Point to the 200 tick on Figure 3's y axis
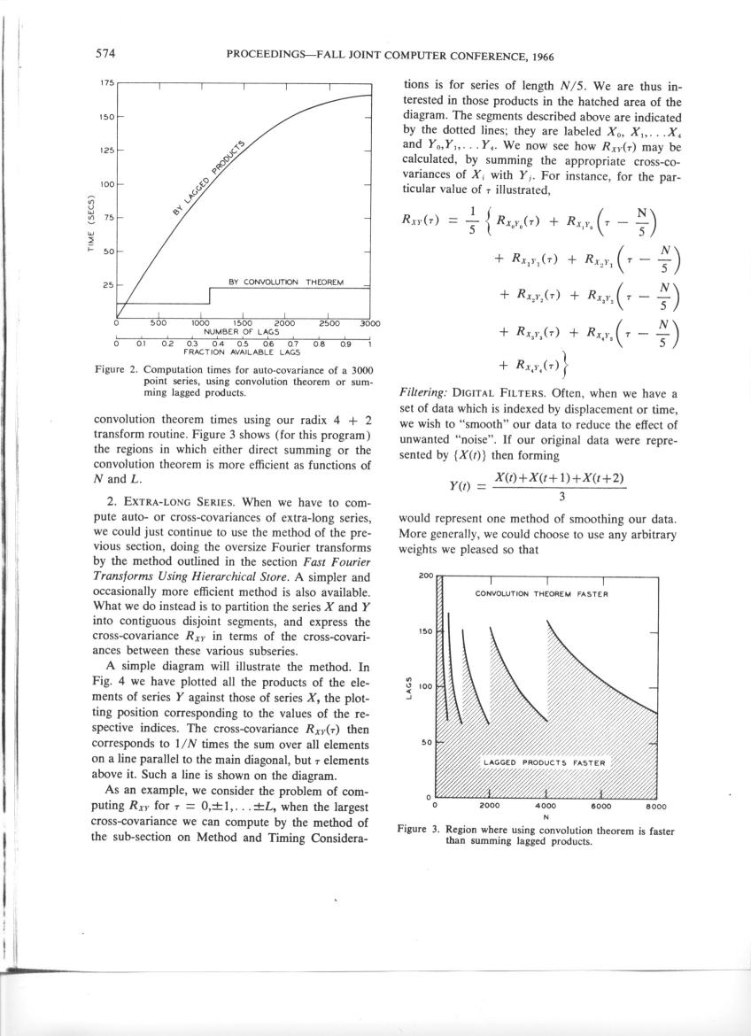[425, 576]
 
